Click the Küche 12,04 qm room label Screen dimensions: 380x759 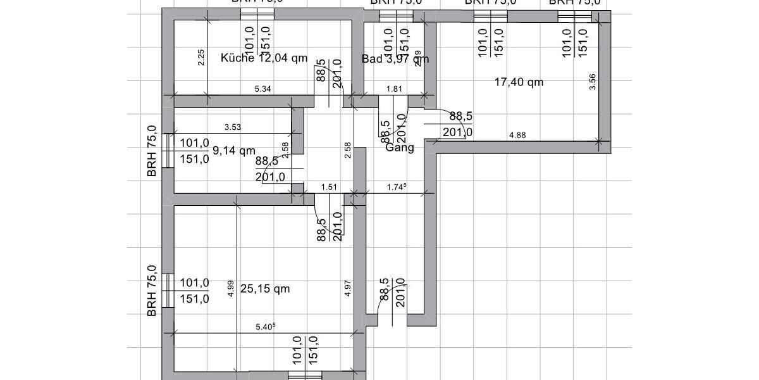[264, 58]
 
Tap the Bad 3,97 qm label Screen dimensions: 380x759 [395, 59]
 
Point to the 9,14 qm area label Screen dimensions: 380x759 [234, 151]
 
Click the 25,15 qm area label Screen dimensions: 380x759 [265, 289]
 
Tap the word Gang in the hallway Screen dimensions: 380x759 [400, 148]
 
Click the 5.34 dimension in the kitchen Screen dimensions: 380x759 [262, 89]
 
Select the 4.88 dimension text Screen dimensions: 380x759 [517, 135]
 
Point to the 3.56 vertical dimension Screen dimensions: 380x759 [592, 82]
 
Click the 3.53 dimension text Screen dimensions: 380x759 [233, 127]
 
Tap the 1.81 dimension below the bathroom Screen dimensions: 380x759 [394, 89]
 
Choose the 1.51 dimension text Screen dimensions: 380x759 [329, 187]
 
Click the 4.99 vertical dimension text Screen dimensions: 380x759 [231, 289]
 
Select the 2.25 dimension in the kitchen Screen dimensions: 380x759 [201, 58]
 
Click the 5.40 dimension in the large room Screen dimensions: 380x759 [265, 327]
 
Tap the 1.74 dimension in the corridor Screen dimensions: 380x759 [396, 187]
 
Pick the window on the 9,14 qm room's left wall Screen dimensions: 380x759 [167, 150]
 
